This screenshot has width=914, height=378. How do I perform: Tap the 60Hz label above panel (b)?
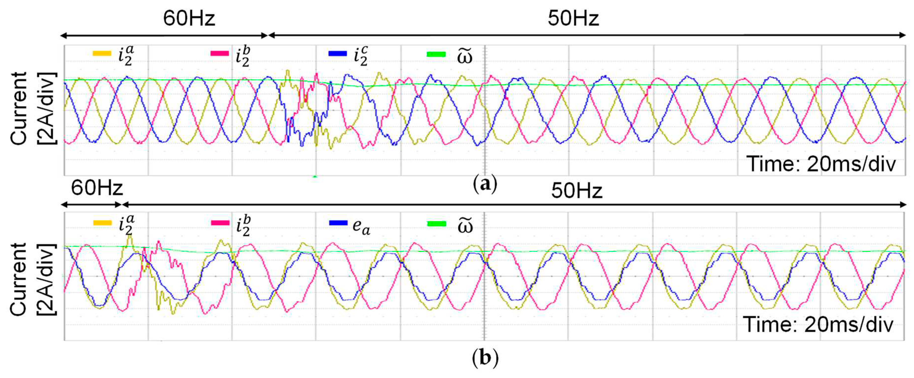point(97,188)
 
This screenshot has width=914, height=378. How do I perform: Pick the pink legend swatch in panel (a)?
point(220,54)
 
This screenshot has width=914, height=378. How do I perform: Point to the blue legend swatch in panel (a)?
point(337,54)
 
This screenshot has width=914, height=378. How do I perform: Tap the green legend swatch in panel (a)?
point(436,54)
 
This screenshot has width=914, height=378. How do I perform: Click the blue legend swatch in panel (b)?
point(338,223)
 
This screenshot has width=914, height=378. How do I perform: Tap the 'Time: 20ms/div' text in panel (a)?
point(821,164)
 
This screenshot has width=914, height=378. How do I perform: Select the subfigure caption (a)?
point(485,184)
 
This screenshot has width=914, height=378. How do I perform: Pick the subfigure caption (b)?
point(485,358)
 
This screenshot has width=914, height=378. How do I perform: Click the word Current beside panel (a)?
point(18,108)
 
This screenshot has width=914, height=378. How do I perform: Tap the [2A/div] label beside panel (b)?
point(46,279)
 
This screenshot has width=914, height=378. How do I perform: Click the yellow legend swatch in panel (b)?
point(103,223)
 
